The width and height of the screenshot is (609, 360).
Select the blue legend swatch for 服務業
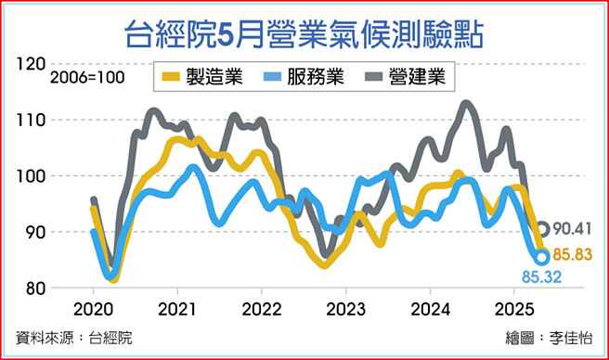[x=273, y=77]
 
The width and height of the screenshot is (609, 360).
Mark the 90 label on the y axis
[x=34, y=232]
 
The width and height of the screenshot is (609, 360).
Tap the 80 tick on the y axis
[x=34, y=289]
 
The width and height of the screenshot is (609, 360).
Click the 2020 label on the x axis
[x=94, y=307]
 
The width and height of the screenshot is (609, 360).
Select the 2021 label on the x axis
[x=177, y=307]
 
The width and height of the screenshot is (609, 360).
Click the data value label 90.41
[x=574, y=228]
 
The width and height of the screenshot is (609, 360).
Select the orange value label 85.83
[x=574, y=253]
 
